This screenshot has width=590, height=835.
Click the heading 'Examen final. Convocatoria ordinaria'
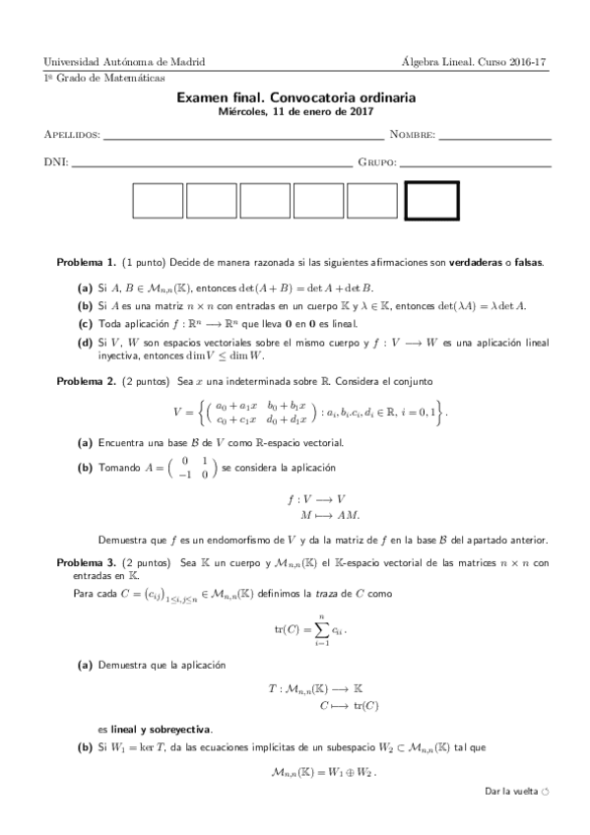(295, 98)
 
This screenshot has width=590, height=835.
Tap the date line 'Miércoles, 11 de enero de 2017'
(295, 112)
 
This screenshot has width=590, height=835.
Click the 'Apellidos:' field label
(73, 134)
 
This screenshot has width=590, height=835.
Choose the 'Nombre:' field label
(412, 134)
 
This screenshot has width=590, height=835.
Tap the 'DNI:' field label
(55, 161)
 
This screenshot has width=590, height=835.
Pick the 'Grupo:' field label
(377, 161)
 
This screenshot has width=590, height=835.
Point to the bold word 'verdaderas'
(476, 263)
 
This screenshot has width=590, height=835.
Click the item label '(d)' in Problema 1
(86, 343)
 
